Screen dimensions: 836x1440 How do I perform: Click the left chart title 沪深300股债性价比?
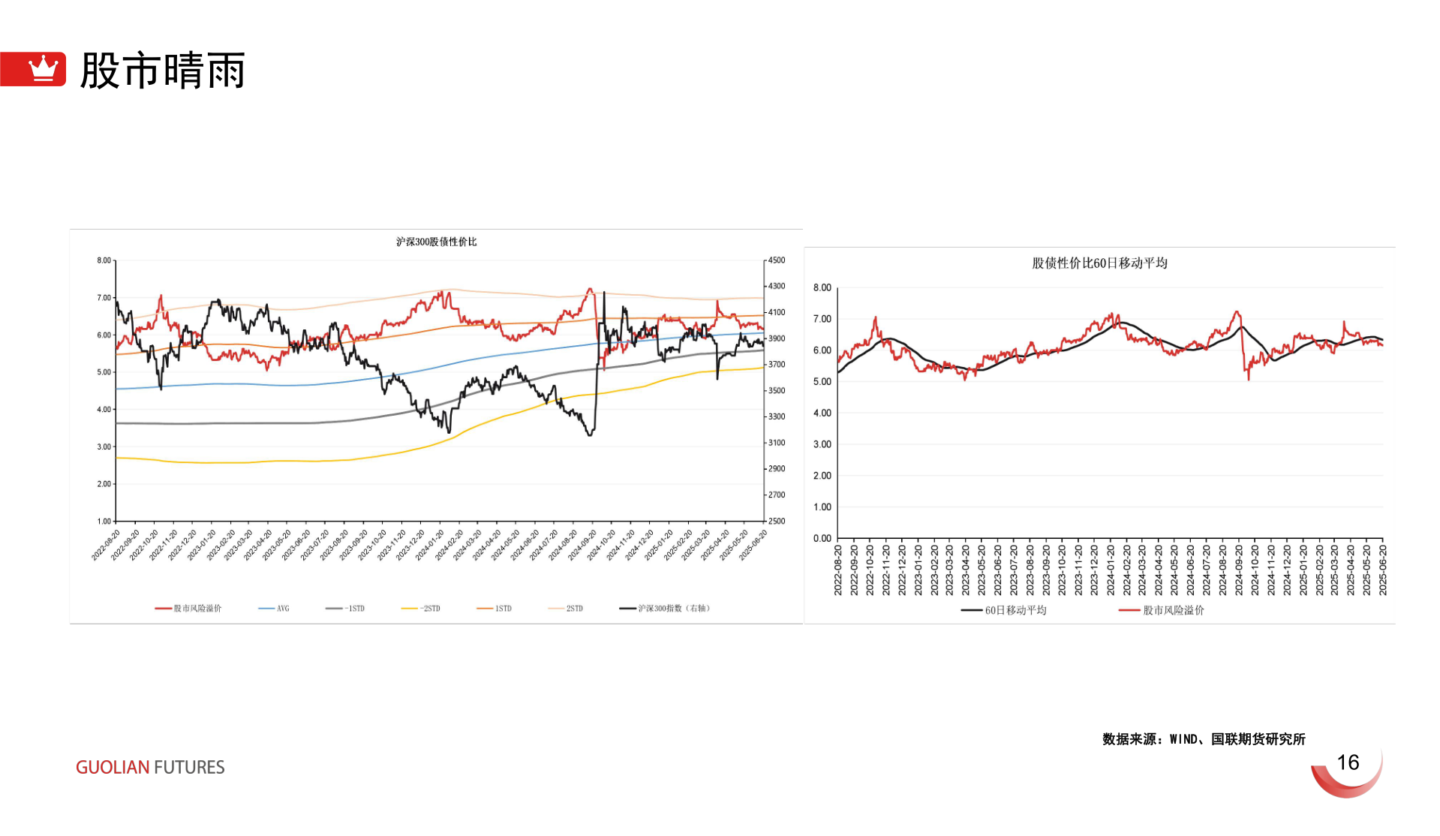436,242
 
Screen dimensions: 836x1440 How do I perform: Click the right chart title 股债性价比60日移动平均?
1099,263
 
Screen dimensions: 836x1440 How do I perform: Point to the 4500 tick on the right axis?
777,260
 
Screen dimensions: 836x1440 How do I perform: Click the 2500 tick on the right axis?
777,521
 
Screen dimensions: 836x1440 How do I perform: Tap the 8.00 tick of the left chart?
104,260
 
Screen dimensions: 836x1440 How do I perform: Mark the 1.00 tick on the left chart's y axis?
104,521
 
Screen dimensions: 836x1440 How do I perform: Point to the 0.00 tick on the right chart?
822,538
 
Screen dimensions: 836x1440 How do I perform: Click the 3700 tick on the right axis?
777,365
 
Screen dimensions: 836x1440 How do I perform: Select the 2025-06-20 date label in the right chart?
1383,570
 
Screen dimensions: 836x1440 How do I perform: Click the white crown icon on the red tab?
43,68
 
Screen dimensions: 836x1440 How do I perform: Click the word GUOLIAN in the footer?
113,768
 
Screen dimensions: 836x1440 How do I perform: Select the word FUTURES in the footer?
189,768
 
